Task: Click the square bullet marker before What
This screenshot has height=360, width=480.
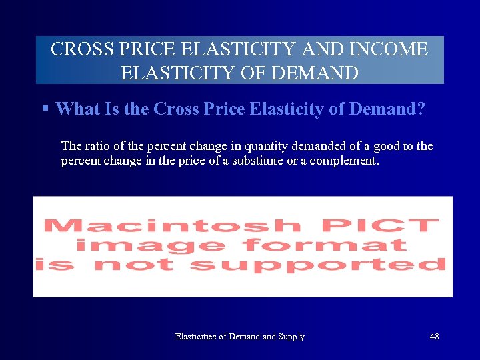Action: click(x=45, y=108)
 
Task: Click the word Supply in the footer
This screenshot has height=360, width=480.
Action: click(x=291, y=337)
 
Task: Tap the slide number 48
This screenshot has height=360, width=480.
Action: click(x=434, y=337)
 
